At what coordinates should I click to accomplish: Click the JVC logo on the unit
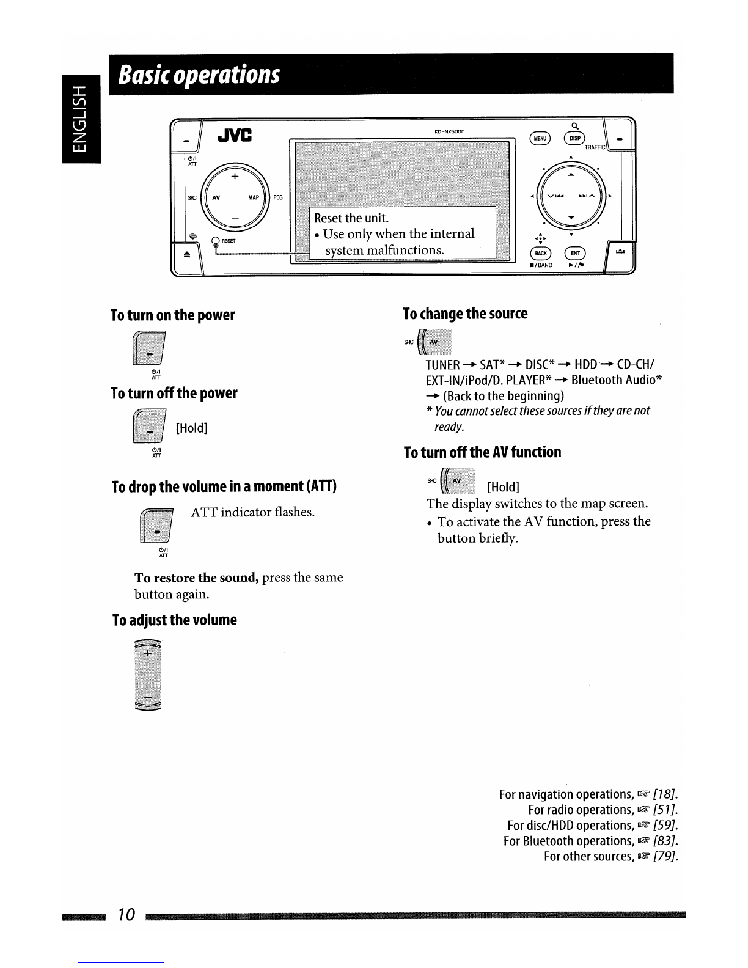pos(235,134)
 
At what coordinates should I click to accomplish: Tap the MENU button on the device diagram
pos(540,139)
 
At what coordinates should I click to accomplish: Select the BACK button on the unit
pos(540,253)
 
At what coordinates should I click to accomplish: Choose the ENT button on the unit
pos(575,253)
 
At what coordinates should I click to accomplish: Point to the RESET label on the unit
pos(229,241)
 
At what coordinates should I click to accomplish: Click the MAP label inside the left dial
pos(254,197)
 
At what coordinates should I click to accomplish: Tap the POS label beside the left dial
pos(278,197)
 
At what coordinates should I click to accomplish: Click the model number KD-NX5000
pos(449,131)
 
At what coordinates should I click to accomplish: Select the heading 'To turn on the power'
pos(173,315)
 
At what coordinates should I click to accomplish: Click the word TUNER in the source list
pos(442,365)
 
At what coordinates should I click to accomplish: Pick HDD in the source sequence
pos(585,364)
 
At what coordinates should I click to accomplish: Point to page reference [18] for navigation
pos(665,794)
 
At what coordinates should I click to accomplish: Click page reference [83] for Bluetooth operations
pos(665,841)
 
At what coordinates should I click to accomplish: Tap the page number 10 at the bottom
pos(126,915)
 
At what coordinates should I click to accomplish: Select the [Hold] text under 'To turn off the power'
pos(191,428)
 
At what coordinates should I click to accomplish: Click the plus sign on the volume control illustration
pos(148,653)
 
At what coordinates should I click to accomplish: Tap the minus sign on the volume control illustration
pos(148,697)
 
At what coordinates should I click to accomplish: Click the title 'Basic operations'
pos(199,75)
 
